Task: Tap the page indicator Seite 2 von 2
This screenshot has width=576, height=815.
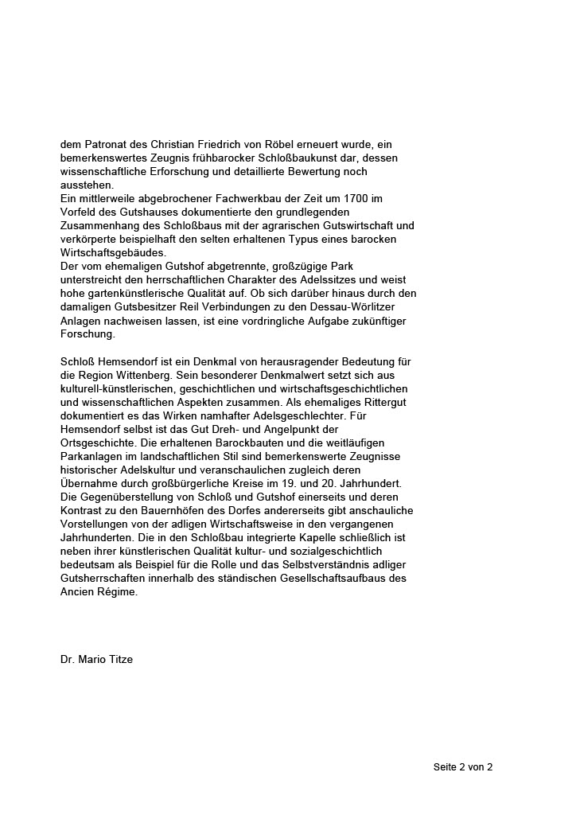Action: coord(463,767)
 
